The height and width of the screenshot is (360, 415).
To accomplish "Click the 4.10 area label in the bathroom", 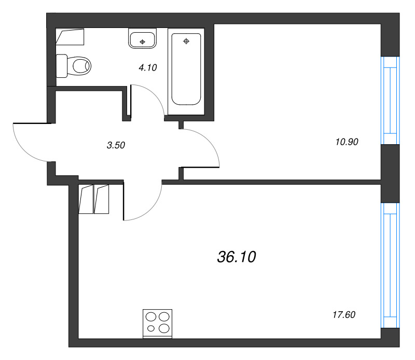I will click(147, 67).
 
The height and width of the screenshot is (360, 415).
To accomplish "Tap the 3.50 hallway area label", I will click(116, 146).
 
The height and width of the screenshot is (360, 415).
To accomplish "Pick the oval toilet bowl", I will click(81, 66).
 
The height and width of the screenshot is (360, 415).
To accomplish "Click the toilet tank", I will click(61, 66).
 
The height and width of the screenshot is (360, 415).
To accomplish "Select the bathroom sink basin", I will click(142, 39).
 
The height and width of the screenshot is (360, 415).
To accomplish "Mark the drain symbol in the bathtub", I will click(186, 40).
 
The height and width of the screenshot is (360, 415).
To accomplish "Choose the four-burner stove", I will click(158, 323).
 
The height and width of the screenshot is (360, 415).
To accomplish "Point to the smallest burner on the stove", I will click(151, 328).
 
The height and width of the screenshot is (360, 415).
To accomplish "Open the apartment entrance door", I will click(31, 141).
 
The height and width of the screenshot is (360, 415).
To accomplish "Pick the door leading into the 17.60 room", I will click(143, 202).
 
